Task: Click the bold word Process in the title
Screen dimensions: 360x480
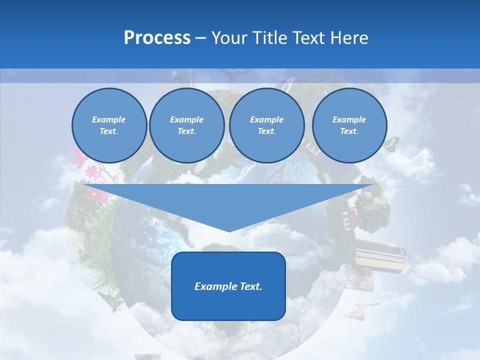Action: (x=157, y=38)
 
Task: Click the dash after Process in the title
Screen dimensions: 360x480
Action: (x=200, y=38)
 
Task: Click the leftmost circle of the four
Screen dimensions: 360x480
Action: (x=109, y=125)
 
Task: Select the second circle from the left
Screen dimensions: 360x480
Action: (x=187, y=125)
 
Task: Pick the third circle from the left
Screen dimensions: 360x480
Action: (x=266, y=125)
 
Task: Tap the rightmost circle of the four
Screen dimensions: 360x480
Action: (x=349, y=125)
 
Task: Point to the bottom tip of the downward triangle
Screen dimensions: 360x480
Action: (x=229, y=230)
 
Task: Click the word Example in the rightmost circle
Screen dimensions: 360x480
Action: (x=349, y=119)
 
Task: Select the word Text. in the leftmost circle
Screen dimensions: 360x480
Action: (x=109, y=131)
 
